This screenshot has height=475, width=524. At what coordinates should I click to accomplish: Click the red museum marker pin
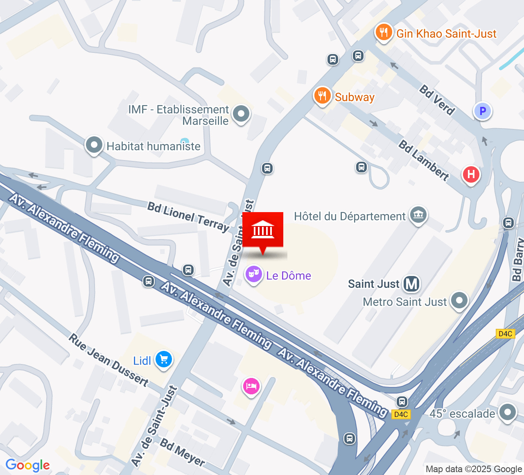[x=263, y=230]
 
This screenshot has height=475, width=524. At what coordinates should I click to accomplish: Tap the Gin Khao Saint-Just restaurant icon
[x=384, y=32]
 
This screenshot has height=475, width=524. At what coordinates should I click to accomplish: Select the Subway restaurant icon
[x=322, y=96]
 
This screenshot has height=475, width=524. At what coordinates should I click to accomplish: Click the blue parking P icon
[x=482, y=111]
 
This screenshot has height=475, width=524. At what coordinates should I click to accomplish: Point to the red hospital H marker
[x=471, y=174]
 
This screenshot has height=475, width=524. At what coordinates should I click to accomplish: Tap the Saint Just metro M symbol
[x=411, y=284]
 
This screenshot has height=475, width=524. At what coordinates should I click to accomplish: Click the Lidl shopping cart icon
[x=164, y=360]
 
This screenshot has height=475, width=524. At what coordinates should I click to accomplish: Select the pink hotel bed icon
[x=251, y=386]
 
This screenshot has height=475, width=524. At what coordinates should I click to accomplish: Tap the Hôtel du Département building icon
[x=418, y=214]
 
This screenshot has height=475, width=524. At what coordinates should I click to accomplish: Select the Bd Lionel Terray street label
[x=188, y=217]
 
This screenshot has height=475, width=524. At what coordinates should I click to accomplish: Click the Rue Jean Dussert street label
[x=108, y=360]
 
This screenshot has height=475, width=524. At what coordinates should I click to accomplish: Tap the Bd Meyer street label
[x=182, y=452]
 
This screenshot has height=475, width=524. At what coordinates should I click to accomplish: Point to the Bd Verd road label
[x=437, y=100]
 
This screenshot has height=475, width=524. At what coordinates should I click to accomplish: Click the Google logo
[x=27, y=465]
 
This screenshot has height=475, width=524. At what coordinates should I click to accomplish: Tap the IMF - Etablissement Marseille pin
[x=241, y=113]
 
